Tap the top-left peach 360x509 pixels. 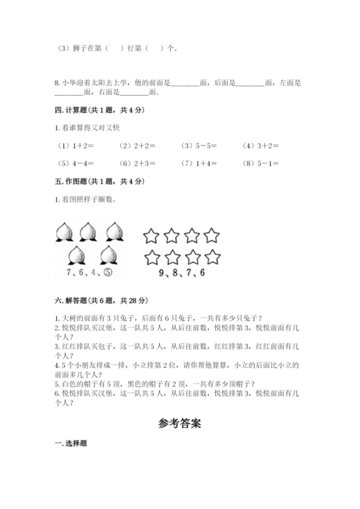[x=63, y=231]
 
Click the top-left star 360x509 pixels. [x=150, y=235]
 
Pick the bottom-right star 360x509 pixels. [x=212, y=256]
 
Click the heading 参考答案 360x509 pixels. [x=180, y=423]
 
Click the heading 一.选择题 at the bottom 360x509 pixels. [x=70, y=443]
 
